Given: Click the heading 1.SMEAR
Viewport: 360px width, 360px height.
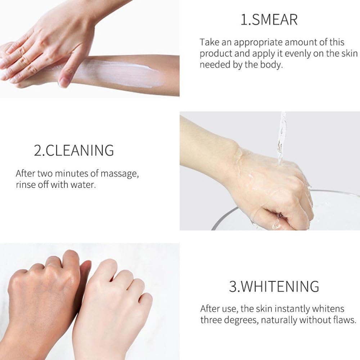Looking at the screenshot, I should click(x=269, y=20).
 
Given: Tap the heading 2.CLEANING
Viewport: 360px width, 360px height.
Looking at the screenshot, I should click(x=74, y=150).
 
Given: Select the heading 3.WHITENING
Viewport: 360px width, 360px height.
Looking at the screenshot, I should click(x=274, y=287).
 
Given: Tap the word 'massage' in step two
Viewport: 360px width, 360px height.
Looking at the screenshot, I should click(x=119, y=174).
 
